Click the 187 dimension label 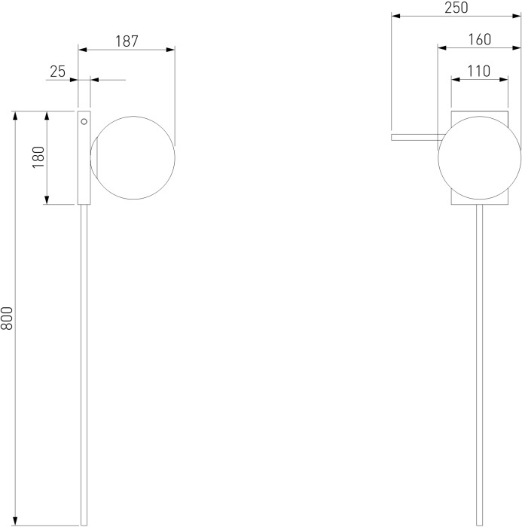point(127,41)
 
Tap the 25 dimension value point(58,72)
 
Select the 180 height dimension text point(38,157)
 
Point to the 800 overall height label point(7,318)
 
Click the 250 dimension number point(456,8)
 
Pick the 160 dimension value point(480,40)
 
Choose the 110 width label point(479,72)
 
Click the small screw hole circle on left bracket point(84,122)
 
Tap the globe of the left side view point(133,157)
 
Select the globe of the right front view point(480,157)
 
